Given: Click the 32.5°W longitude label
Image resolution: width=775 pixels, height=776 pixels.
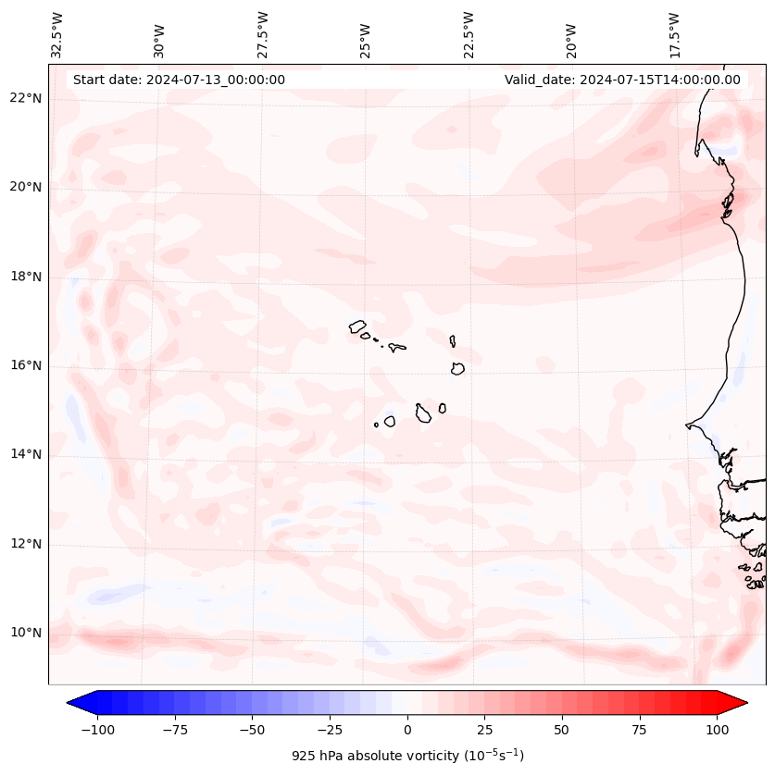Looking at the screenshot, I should (x=57, y=34).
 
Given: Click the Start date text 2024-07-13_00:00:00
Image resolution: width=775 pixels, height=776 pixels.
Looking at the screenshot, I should (x=179, y=80).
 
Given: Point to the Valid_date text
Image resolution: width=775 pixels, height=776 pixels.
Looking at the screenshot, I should (x=622, y=80).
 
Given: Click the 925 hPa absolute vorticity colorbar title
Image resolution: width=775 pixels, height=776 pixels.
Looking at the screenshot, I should (x=407, y=756).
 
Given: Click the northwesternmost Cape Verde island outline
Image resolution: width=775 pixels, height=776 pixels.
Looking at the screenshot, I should (x=357, y=326).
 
